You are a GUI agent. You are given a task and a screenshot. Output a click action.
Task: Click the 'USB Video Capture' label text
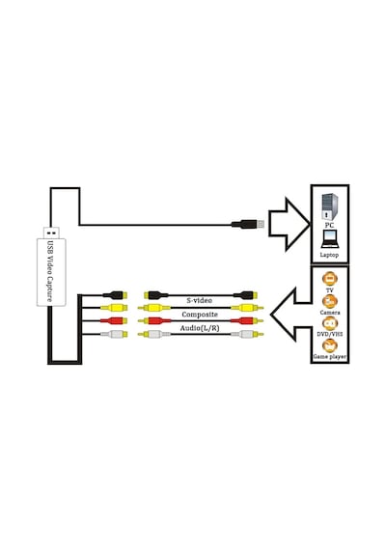50,271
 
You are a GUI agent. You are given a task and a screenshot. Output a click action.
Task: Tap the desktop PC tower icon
329,206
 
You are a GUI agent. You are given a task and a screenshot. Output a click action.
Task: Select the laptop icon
329,239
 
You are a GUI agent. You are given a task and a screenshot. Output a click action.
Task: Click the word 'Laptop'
329,255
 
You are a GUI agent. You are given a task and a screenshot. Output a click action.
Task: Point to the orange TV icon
329,279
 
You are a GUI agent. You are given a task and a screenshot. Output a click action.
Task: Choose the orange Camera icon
329,301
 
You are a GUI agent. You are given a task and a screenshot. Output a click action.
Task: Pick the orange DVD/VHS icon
329,323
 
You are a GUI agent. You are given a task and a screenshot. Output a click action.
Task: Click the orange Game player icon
329,345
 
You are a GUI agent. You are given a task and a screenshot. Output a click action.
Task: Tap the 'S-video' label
199,301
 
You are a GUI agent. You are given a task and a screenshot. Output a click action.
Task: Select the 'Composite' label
200,315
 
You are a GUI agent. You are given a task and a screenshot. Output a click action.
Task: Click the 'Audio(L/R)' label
200,328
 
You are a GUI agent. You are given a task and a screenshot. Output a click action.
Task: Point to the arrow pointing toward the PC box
289,224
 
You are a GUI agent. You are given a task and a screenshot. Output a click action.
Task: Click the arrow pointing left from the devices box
290,315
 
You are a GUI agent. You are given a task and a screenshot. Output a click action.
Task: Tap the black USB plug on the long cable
247,224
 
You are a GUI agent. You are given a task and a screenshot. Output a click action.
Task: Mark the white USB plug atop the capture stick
51,233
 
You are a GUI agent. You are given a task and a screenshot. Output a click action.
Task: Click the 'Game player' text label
329,357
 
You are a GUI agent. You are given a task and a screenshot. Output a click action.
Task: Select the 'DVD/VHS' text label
329,334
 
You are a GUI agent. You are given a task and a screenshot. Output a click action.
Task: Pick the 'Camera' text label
329,313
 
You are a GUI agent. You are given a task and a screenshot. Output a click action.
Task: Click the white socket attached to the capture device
114,334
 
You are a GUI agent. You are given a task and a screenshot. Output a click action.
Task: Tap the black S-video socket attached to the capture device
115,294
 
